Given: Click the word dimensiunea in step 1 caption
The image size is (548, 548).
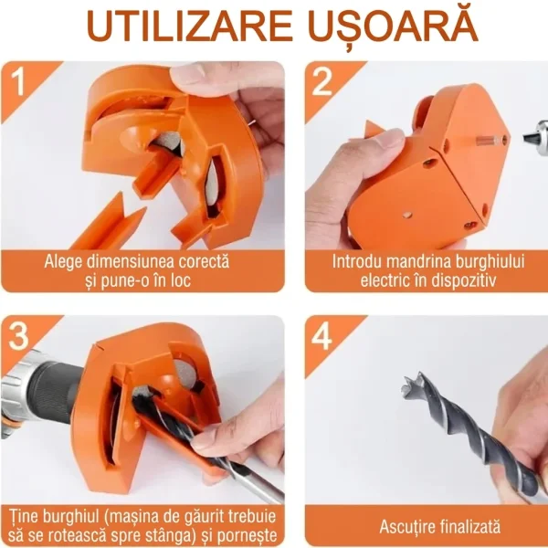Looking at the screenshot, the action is (132, 261).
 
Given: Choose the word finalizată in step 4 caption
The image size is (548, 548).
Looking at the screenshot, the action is (469, 526).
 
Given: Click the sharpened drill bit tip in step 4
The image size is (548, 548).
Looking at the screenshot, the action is (414, 384).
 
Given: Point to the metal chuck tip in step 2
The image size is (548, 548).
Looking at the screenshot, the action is (534, 137).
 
